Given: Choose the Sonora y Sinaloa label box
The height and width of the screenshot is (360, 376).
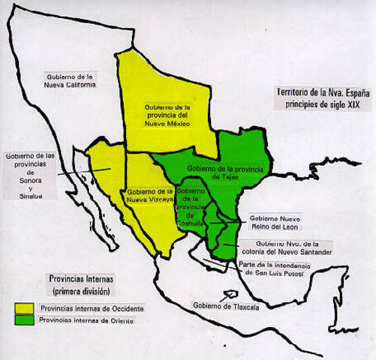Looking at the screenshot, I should click(x=30, y=174).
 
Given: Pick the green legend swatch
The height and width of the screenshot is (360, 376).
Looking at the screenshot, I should click(x=24, y=321).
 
